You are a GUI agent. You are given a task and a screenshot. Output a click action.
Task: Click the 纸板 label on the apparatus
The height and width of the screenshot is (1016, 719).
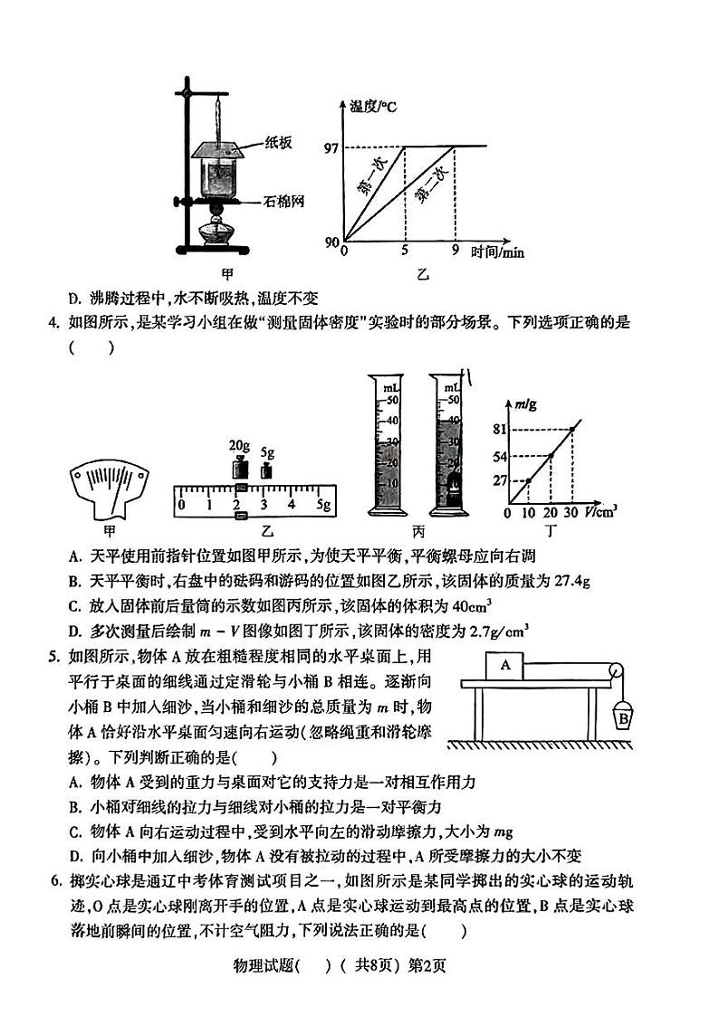point(279,142)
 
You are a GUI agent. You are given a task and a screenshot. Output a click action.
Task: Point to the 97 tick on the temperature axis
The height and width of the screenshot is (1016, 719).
point(332,147)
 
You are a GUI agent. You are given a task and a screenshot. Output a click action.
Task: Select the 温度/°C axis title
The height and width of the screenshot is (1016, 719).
point(373,108)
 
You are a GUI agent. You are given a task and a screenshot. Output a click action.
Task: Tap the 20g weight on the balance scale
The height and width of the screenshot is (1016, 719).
point(241,469)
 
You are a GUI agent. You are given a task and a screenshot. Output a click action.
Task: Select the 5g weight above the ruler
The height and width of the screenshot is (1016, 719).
point(266,471)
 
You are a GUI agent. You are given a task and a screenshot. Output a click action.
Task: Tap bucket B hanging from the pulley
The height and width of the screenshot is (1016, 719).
point(625,718)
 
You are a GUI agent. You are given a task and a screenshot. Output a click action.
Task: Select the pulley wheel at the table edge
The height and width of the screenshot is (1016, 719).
point(616,671)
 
